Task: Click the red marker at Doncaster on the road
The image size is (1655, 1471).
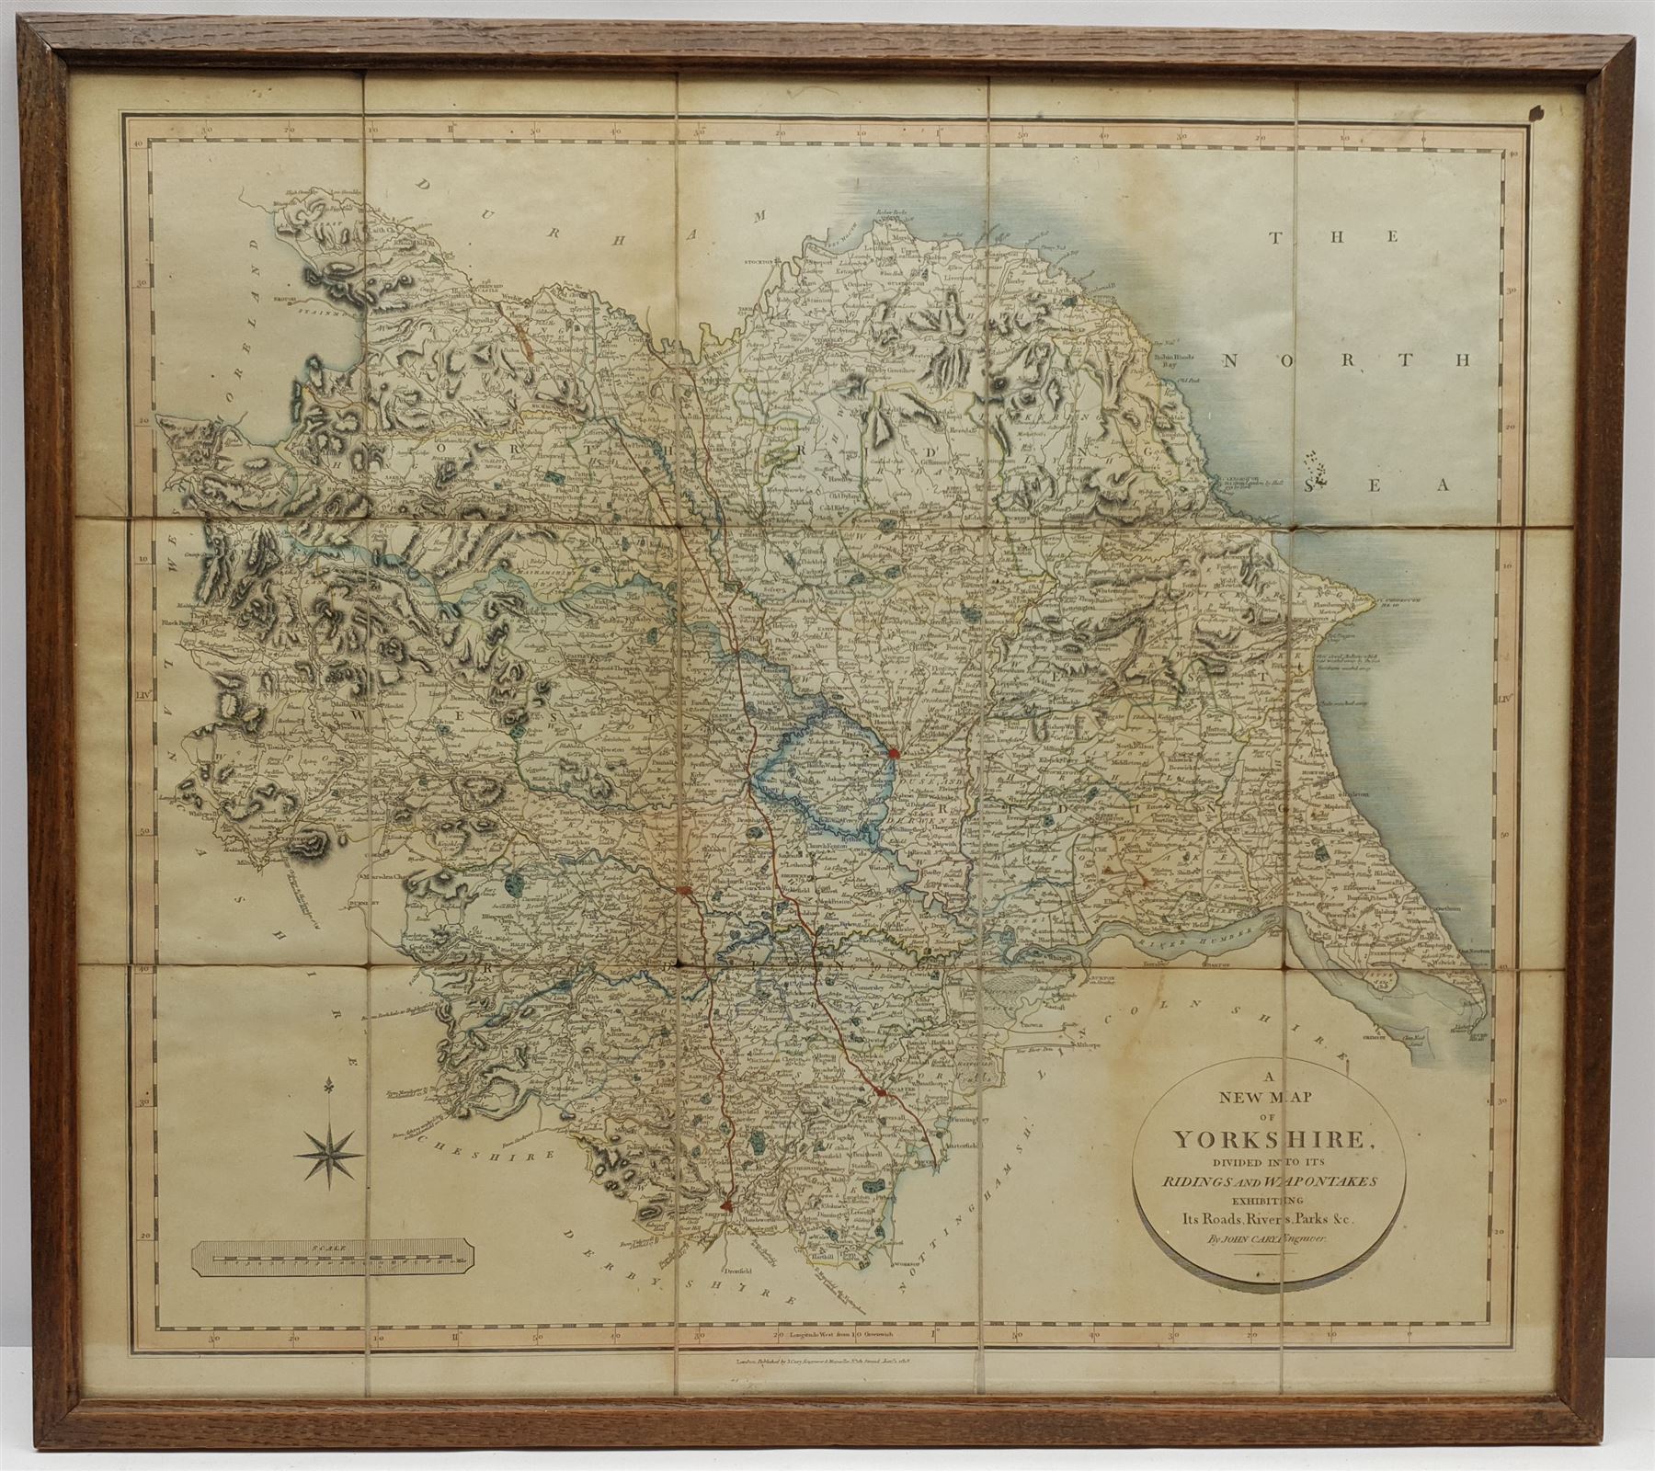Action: coord(881,1091)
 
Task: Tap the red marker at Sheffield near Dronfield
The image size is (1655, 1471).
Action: coord(727,1202)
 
